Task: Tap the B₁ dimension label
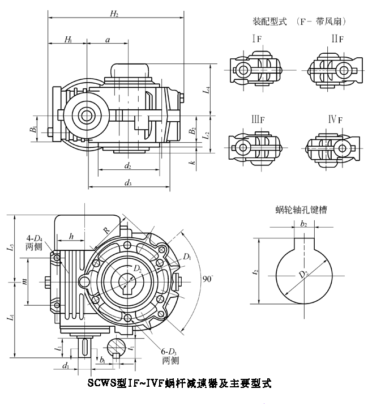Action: tap(35, 129)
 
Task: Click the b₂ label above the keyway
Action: tap(304, 225)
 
